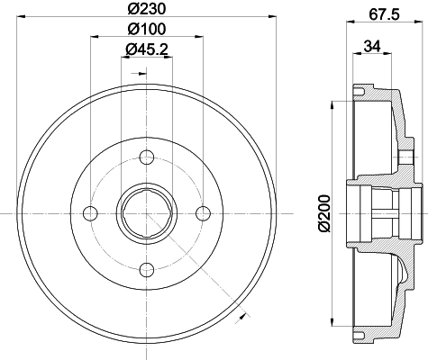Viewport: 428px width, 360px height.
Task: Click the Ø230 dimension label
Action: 144,10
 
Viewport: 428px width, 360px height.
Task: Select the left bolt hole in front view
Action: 88,212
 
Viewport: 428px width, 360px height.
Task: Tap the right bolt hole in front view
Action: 203,212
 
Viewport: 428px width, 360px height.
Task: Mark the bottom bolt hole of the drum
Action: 145,269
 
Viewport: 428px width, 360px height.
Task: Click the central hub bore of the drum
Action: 145,212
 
